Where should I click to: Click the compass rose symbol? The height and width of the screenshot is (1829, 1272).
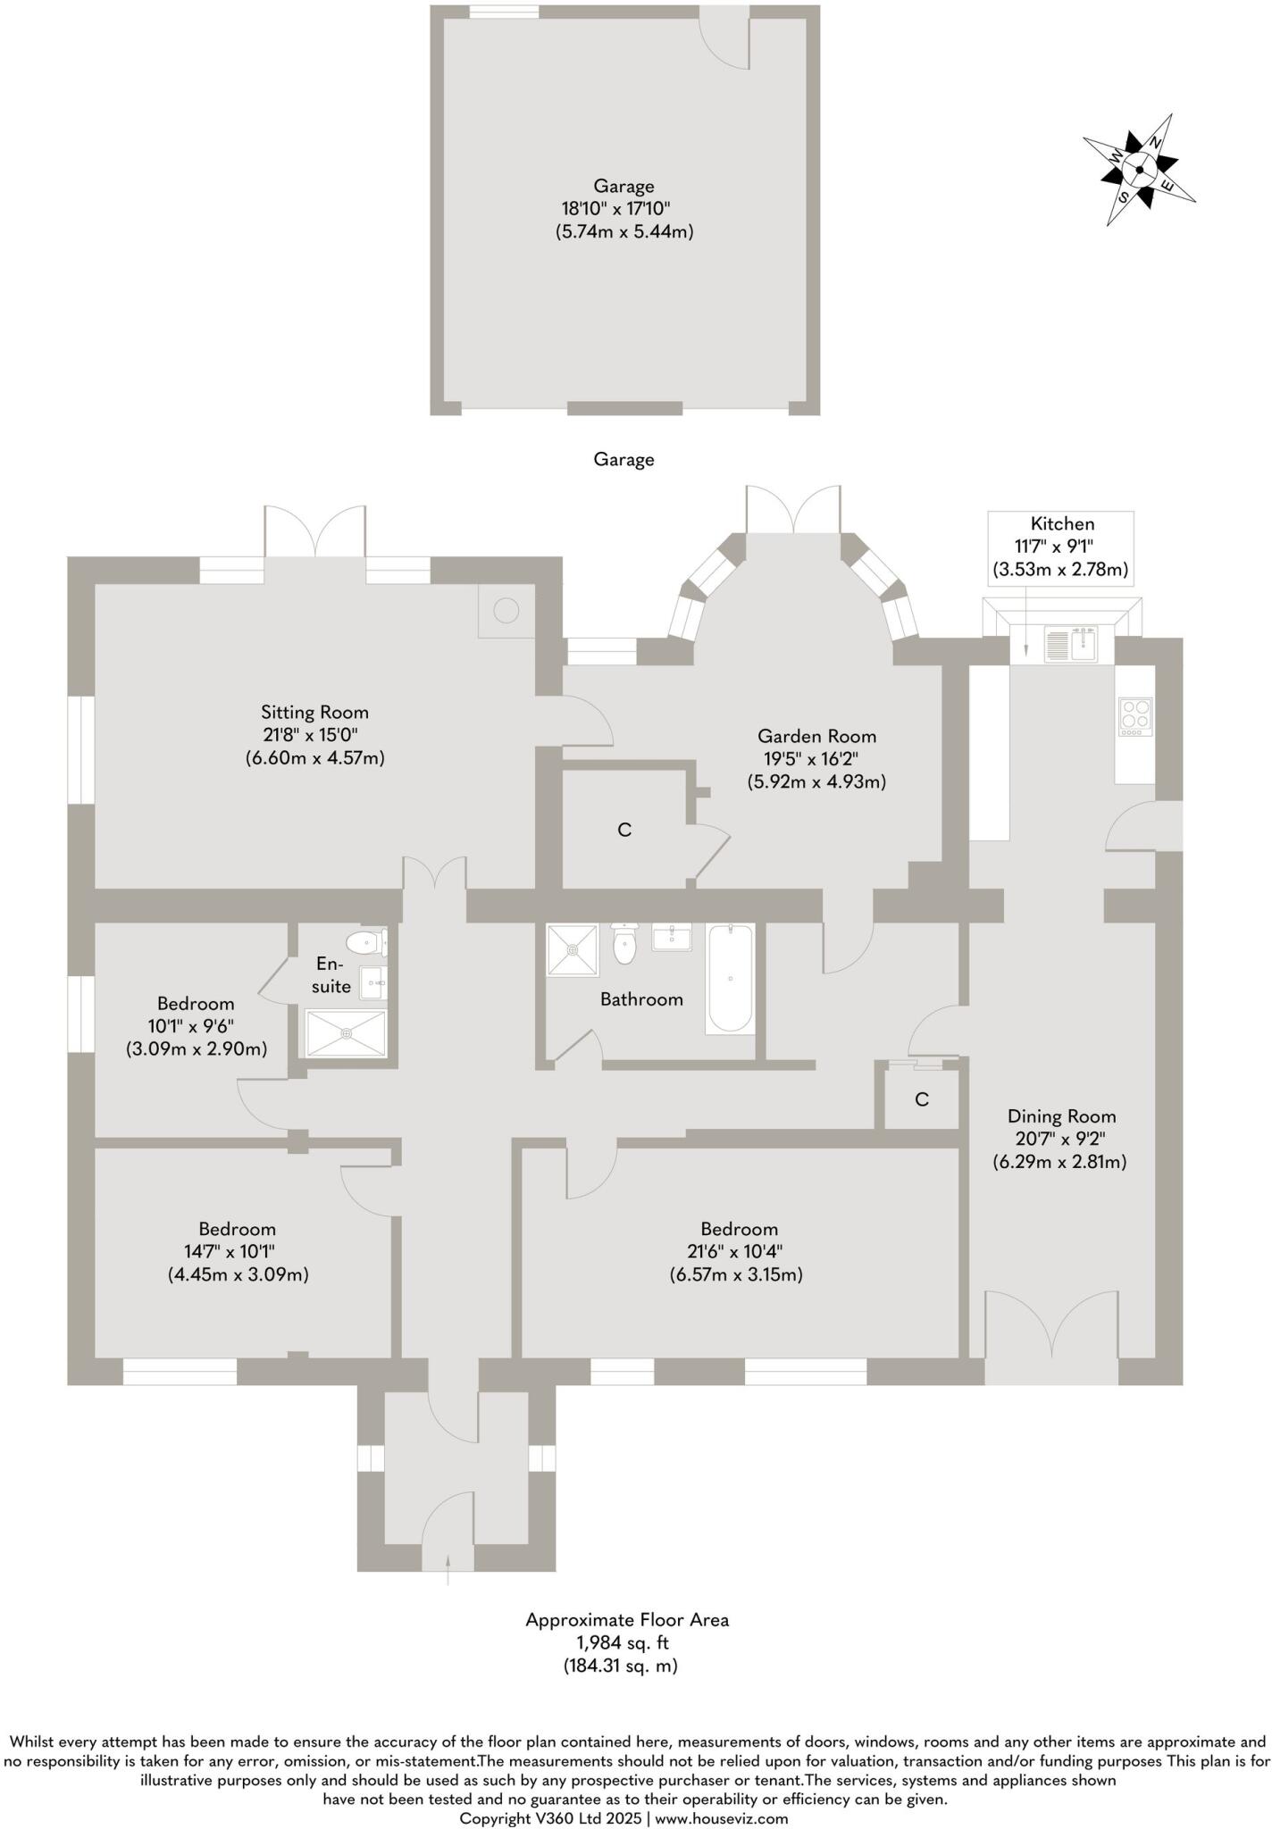pos(1140,170)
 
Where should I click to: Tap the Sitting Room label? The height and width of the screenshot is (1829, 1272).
pos(314,712)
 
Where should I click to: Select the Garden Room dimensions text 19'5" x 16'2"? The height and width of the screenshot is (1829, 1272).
pos(816,759)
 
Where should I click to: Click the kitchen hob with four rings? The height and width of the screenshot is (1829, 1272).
pos(1135,716)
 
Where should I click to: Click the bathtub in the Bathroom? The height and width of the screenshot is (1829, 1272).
pos(730,980)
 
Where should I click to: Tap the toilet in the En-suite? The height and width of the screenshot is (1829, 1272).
pos(365,942)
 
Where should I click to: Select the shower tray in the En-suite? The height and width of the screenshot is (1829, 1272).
pos(347,1033)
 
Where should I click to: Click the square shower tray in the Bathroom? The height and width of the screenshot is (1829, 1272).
pos(573,950)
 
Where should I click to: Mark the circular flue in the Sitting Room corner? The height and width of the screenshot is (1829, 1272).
pos(506,611)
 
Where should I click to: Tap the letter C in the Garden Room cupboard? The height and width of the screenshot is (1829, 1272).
pos(624,830)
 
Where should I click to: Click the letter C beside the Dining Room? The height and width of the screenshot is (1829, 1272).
pos(922,1099)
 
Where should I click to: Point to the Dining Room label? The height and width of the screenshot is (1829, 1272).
pos(1061,1115)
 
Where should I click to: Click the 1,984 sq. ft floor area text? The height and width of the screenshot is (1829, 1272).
pos(626,1642)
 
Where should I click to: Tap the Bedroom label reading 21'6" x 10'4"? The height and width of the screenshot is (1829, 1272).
pos(738,1251)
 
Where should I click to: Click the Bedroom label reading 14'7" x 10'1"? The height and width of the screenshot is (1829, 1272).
pos(238,1251)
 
